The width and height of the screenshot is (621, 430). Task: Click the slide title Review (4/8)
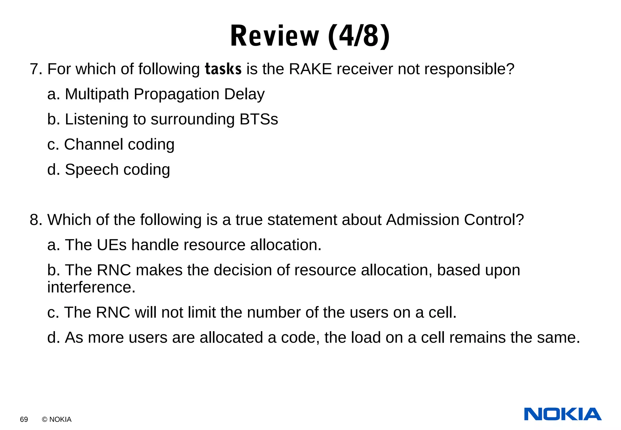click(310, 36)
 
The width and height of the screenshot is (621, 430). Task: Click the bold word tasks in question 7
click(223, 69)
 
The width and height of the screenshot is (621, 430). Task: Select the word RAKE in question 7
click(310, 69)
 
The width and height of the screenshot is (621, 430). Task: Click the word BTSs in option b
click(259, 119)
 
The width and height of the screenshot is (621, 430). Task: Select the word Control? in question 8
click(494, 220)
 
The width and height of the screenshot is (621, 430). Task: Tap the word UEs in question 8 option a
click(111, 245)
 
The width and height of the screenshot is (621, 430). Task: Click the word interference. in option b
click(91, 287)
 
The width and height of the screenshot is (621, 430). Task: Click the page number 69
click(24, 419)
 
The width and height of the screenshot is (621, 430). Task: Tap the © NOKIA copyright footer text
click(57, 419)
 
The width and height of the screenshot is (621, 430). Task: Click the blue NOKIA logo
click(562, 414)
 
